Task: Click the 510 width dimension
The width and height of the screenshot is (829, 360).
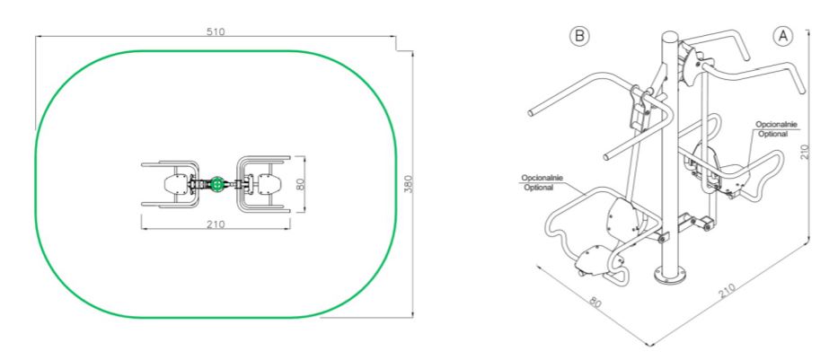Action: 216,31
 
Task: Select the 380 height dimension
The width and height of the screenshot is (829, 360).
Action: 408,183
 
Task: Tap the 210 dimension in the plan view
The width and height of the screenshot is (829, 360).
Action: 216,224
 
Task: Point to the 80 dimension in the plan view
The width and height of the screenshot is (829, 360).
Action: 300,184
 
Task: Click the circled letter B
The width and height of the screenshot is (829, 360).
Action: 579,36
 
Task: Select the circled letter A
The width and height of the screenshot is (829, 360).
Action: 783,36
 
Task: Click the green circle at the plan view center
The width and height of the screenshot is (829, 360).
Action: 216,184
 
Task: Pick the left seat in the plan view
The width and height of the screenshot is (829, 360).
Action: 177,184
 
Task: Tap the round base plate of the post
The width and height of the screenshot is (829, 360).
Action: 670,275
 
